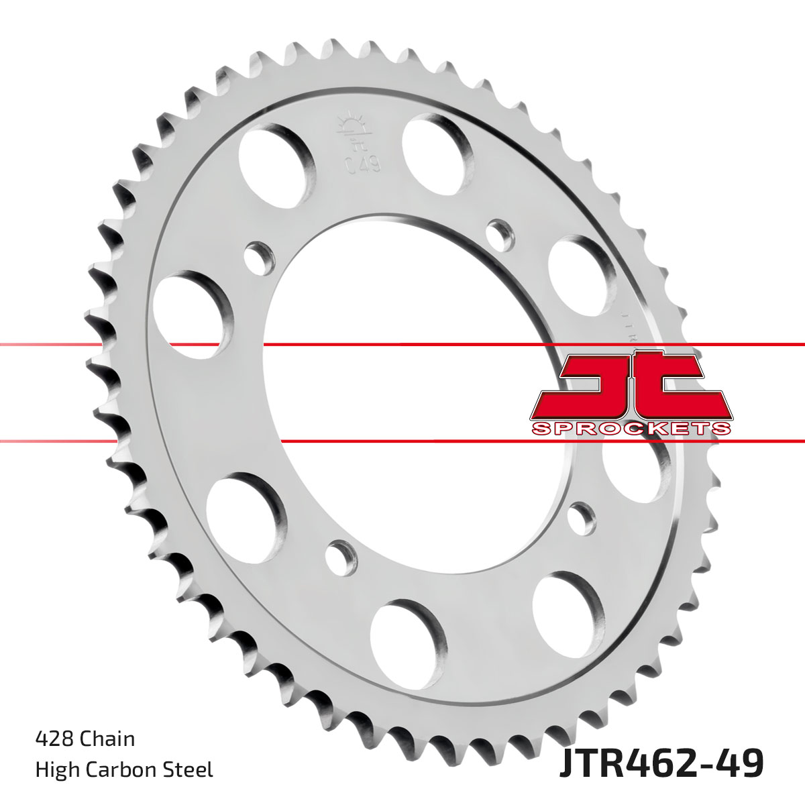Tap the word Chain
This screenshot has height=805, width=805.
[x=107, y=739]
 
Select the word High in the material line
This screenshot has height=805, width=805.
[x=56, y=769]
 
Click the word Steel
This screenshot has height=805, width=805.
[x=191, y=769]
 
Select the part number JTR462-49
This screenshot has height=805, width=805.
[x=660, y=765]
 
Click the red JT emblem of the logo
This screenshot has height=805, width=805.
[x=631, y=386]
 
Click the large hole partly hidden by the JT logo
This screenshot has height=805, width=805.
[x=634, y=470]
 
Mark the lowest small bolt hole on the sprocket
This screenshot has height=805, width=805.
[x=342, y=555]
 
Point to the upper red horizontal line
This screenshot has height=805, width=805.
[x=402, y=345]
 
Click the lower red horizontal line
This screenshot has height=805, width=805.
[x=402, y=441]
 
